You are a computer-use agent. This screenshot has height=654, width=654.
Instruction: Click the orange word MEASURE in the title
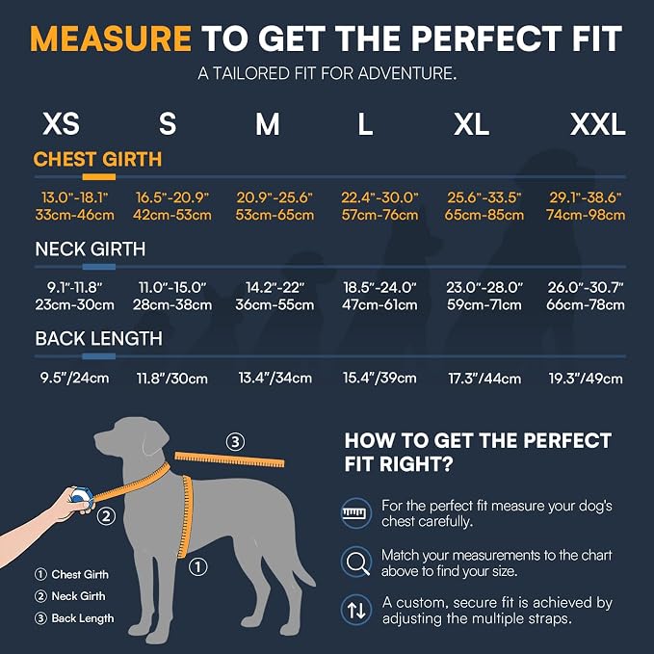pyautogui.click(x=111, y=39)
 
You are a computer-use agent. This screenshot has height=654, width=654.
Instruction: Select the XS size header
pyautogui.click(x=61, y=124)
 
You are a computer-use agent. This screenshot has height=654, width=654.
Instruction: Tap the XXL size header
pyautogui.click(x=598, y=124)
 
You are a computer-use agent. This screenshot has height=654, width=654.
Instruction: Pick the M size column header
pyautogui.click(x=268, y=124)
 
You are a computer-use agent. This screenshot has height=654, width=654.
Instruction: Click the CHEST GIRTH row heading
pyautogui.click(x=97, y=159)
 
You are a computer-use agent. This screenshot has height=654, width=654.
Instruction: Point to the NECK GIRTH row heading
pyautogui.click(x=91, y=249)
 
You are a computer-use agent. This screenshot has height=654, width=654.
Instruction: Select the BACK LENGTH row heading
pyautogui.click(x=99, y=339)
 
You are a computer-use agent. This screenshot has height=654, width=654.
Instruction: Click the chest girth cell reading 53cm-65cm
pyautogui.click(x=275, y=215)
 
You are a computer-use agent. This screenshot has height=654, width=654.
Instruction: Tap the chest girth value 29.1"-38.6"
pyautogui.click(x=586, y=197)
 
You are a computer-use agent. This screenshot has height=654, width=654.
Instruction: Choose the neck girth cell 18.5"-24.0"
pyautogui.click(x=379, y=287)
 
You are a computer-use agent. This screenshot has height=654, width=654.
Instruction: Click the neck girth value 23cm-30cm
pyautogui.click(x=75, y=305)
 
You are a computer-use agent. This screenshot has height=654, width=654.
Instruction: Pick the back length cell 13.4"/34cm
pyautogui.click(x=275, y=378)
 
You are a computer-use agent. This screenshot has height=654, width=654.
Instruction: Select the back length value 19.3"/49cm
pyautogui.click(x=586, y=379)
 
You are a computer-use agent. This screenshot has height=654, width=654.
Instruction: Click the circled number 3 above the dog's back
pyautogui.click(x=235, y=442)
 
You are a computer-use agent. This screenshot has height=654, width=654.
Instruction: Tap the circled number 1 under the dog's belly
pyautogui.click(x=197, y=566)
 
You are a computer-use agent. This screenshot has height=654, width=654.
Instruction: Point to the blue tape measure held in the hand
pyautogui.click(x=81, y=495)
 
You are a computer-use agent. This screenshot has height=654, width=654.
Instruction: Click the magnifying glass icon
pyautogui.click(x=356, y=562)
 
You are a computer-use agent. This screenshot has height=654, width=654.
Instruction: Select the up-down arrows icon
pyautogui.click(x=356, y=610)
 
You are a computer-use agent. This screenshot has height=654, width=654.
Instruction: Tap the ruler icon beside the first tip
pyautogui.click(x=356, y=513)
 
